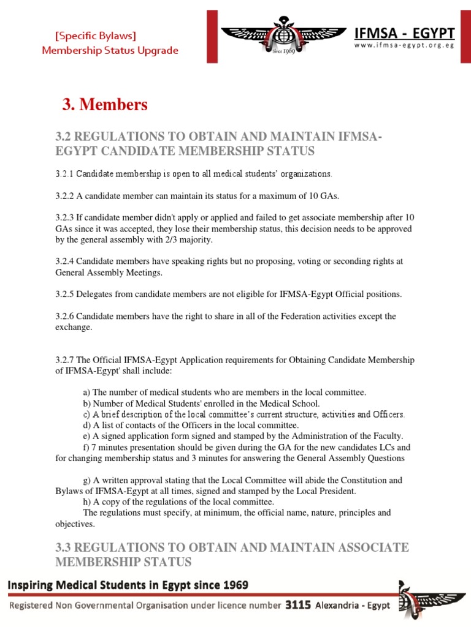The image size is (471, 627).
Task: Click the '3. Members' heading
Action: (x=105, y=105)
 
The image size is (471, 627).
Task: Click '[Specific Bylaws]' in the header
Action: (x=96, y=36)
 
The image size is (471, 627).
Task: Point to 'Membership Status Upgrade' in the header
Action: (x=110, y=50)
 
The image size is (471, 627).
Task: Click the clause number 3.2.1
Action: (x=64, y=174)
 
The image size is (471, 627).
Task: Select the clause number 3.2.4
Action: (x=64, y=261)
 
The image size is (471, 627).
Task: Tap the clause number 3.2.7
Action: (x=64, y=359)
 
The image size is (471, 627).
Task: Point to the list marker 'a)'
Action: (x=87, y=392)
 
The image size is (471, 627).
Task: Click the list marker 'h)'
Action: (x=87, y=502)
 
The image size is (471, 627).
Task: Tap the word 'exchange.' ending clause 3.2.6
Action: (x=74, y=327)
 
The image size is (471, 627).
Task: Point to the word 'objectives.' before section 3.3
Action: (x=75, y=524)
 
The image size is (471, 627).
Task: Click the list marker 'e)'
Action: (x=87, y=436)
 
